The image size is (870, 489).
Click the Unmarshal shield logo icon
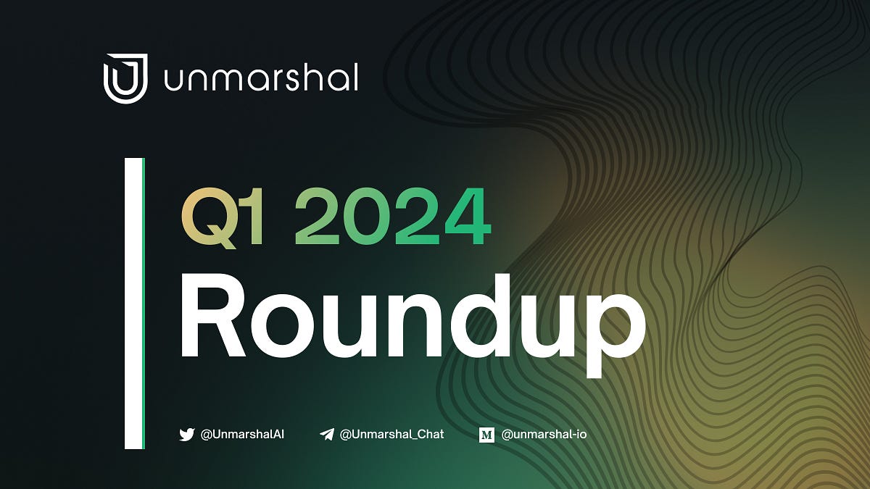[x=125, y=78]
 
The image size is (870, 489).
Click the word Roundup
[x=411, y=319]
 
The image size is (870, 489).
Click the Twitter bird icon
[x=187, y=435]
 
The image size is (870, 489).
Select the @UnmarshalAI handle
[x=242, y=435]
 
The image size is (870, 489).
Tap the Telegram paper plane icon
[x=327, y=435]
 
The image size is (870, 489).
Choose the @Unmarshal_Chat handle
[x=391, y=435]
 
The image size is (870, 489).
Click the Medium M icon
[x=486, y=435]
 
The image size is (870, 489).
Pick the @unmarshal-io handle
[x=544, y=435]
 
